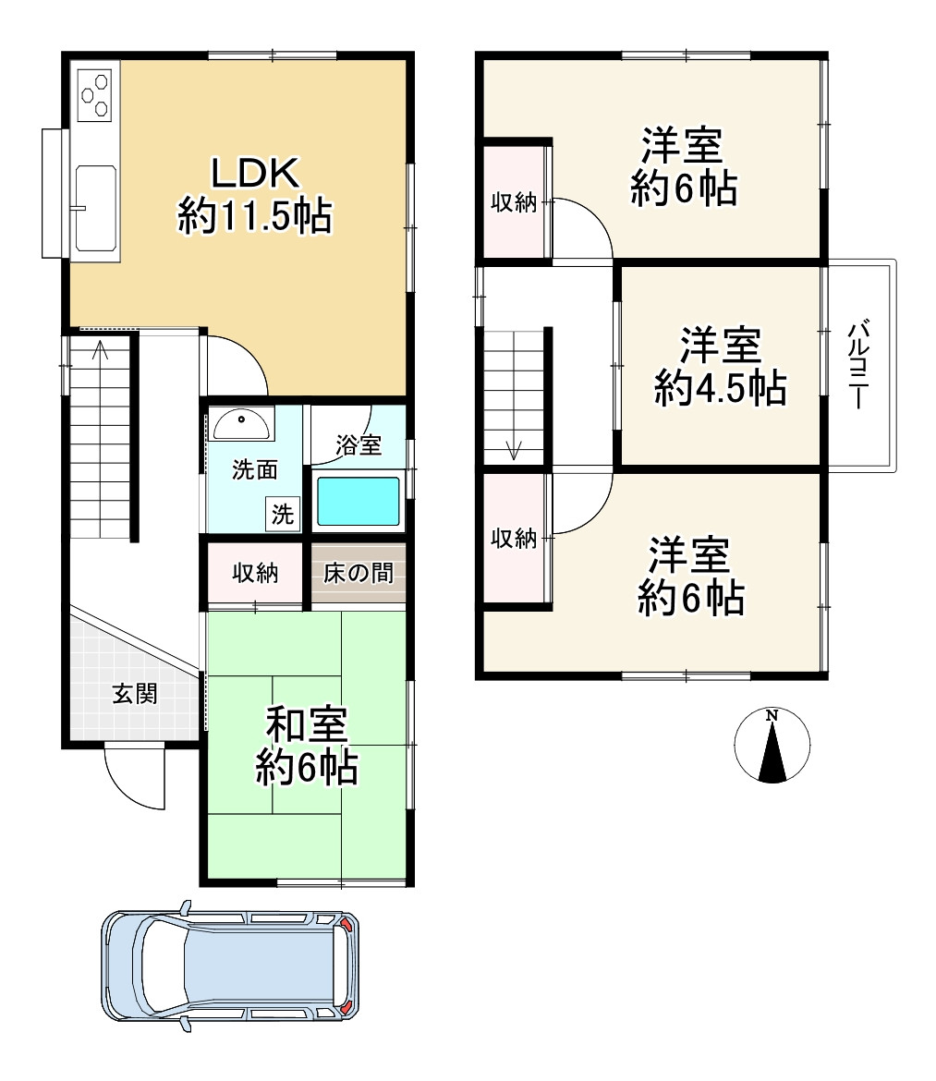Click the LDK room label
click(255, 195)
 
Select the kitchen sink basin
click(96, 208)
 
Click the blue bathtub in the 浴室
click(358, 501)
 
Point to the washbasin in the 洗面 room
click(241, 424)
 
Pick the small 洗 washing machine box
click(283, 514)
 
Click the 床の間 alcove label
click(359, 573)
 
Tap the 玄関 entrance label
click(135, 694)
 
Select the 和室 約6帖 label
click(307, 746)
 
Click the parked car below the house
click(230, 966)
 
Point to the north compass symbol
click(772, 746)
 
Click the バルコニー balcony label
click(858, 364)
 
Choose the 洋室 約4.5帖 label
click(721, 366)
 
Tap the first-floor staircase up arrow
click(101, 350)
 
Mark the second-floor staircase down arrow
click(514, 450)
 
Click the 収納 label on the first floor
click(255, 573)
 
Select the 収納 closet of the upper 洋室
click(514, 202)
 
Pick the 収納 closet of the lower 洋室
click(514, 538)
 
